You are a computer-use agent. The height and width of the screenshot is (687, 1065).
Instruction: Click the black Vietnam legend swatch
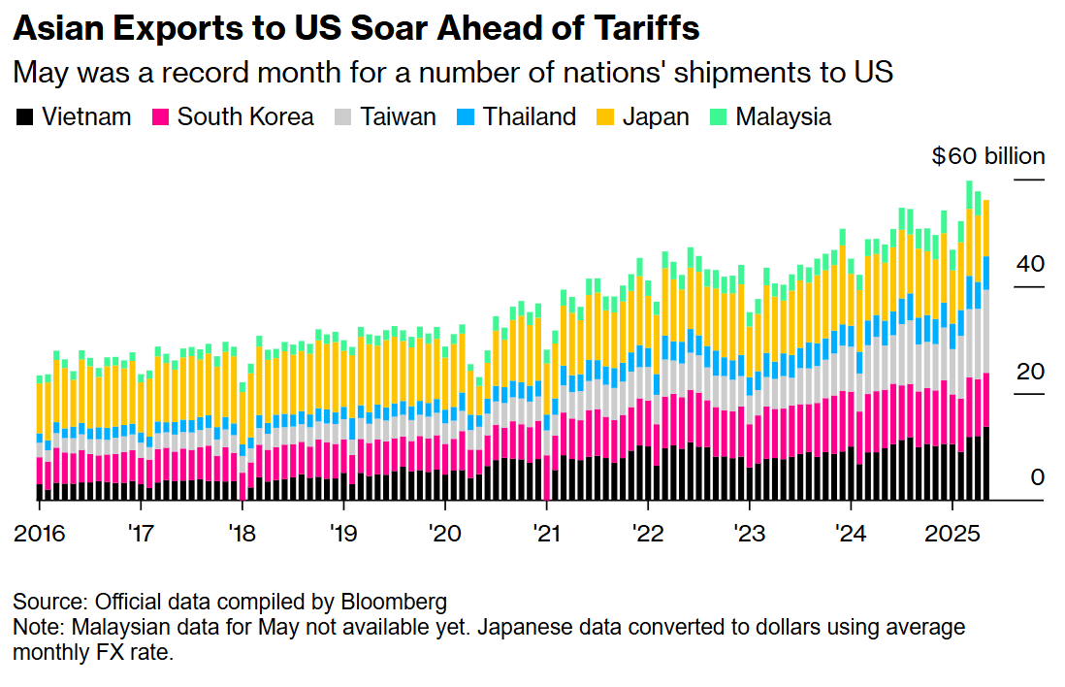24,116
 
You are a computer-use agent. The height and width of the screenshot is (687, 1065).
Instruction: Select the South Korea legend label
245,116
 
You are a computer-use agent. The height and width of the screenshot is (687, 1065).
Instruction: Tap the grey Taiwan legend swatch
343,116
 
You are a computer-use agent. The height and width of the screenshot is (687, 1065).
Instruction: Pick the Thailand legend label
529,116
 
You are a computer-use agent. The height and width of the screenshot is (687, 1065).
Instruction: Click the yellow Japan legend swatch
605,116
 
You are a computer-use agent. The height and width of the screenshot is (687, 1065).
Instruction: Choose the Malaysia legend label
783,116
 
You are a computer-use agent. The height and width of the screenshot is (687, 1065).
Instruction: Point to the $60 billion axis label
988,156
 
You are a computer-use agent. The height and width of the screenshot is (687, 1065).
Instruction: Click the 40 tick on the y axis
1030,264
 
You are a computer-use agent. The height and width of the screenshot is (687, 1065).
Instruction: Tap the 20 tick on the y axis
1030,371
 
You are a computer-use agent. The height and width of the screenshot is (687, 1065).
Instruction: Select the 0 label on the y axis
1037,477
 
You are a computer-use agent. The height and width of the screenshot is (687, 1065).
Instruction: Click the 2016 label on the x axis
40,534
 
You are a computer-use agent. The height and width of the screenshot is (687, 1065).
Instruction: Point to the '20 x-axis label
445,534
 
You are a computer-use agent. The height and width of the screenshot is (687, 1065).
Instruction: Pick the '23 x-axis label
749,534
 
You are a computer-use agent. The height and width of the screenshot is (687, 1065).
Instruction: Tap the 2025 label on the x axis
952,534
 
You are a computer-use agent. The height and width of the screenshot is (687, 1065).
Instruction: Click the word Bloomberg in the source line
394,602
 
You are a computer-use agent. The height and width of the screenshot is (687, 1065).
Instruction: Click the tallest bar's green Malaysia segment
969,194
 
